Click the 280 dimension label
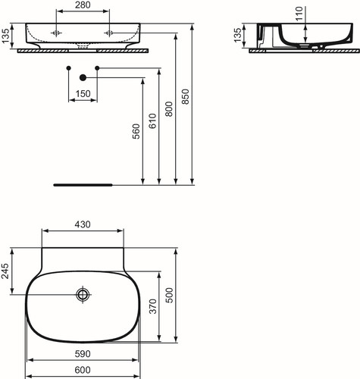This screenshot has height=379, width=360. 83,5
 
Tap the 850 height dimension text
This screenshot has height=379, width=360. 185,96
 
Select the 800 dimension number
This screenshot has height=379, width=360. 169,109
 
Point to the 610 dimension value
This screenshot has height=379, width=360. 152,121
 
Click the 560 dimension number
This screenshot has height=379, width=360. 136,131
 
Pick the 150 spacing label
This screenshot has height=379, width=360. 83,94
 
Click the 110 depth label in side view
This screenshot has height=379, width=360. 299,14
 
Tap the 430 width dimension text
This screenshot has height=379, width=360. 83,224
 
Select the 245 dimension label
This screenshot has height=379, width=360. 5,271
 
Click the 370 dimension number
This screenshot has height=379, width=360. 153,306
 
